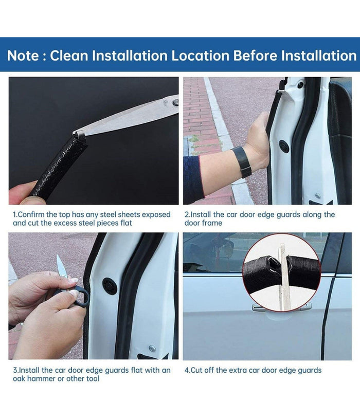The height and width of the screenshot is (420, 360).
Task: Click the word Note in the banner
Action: [x=23, y=56]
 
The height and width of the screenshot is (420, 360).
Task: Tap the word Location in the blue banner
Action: [x=200, y=56]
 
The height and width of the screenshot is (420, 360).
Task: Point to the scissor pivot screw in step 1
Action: [x=176, y=102]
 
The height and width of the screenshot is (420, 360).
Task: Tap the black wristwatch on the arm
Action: [x=242, y=161]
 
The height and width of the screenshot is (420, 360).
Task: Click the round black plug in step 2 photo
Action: [x=284, y=146]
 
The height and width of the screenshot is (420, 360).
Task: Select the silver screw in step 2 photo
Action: [x=317, y=195]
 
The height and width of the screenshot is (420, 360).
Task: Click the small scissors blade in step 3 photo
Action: [x=61, y=266]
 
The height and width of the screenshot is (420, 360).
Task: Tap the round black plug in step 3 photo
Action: [x=110, y=286]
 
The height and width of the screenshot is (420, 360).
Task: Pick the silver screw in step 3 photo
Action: [x=152, y=348]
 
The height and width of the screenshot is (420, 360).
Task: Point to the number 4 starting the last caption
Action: [x=187, y=370]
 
